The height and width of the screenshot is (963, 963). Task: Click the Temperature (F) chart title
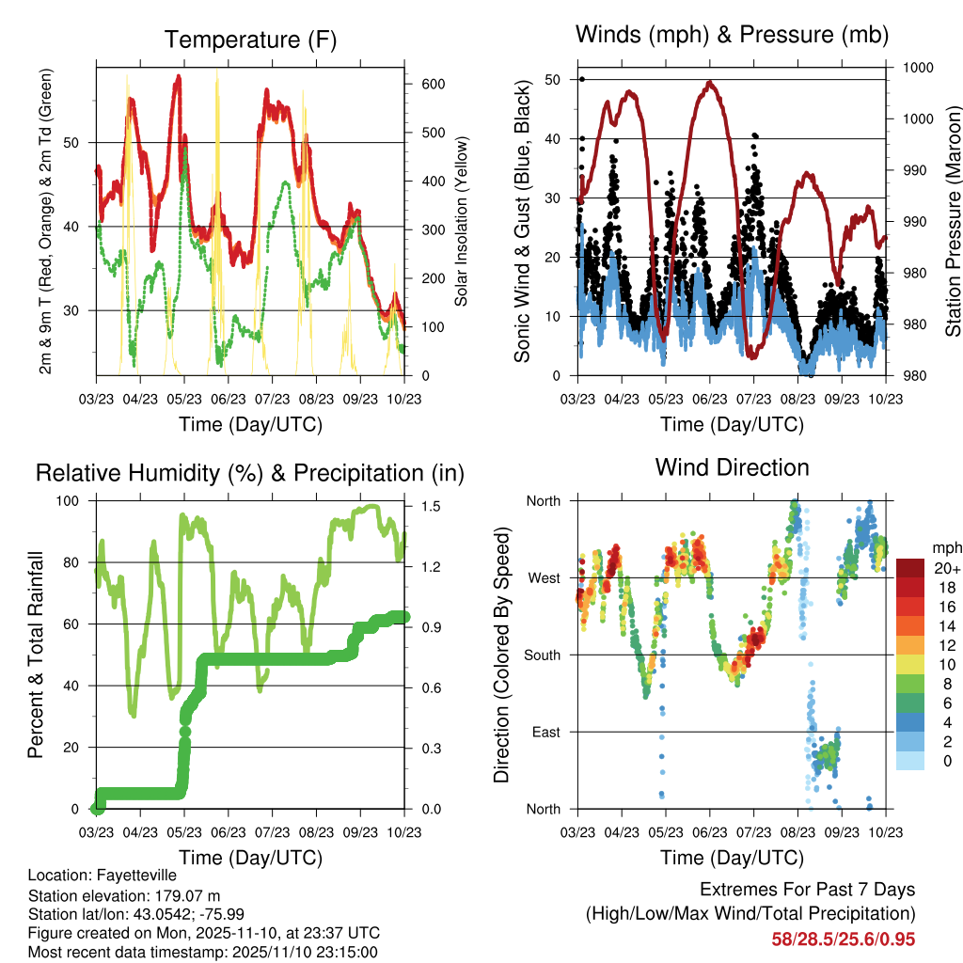[249, 40]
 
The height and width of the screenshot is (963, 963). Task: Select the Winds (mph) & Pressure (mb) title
[732, 35]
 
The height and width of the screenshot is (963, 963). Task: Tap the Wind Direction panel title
[732, 467]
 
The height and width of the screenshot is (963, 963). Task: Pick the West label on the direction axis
[545, 577]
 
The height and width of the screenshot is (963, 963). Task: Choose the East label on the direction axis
[546, 732]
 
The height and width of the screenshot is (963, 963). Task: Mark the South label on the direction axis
[543, 655]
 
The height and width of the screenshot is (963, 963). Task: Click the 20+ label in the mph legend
[945, 568]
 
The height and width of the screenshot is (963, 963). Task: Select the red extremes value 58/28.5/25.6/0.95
[843, 939]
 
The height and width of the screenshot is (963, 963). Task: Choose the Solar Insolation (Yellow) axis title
[462, 221]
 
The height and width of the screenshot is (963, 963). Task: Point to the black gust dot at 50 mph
[583, 79]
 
